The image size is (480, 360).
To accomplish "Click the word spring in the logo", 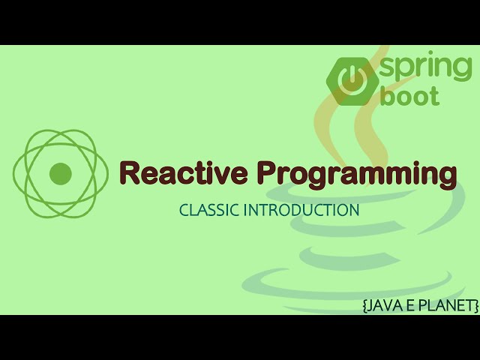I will click(426, 67).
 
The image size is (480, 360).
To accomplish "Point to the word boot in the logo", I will click(409, 96).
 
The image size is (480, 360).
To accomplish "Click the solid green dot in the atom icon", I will click(60, 174).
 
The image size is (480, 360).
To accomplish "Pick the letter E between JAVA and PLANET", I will click(409, 305).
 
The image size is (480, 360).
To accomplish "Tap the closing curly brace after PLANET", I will click(475, 305).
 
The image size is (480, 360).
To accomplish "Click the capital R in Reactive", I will click(130, 173).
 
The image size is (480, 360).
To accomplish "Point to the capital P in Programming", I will click(268, 173).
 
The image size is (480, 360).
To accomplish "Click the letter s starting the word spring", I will click(389, 67).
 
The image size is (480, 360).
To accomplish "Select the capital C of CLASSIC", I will click(184, 210).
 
